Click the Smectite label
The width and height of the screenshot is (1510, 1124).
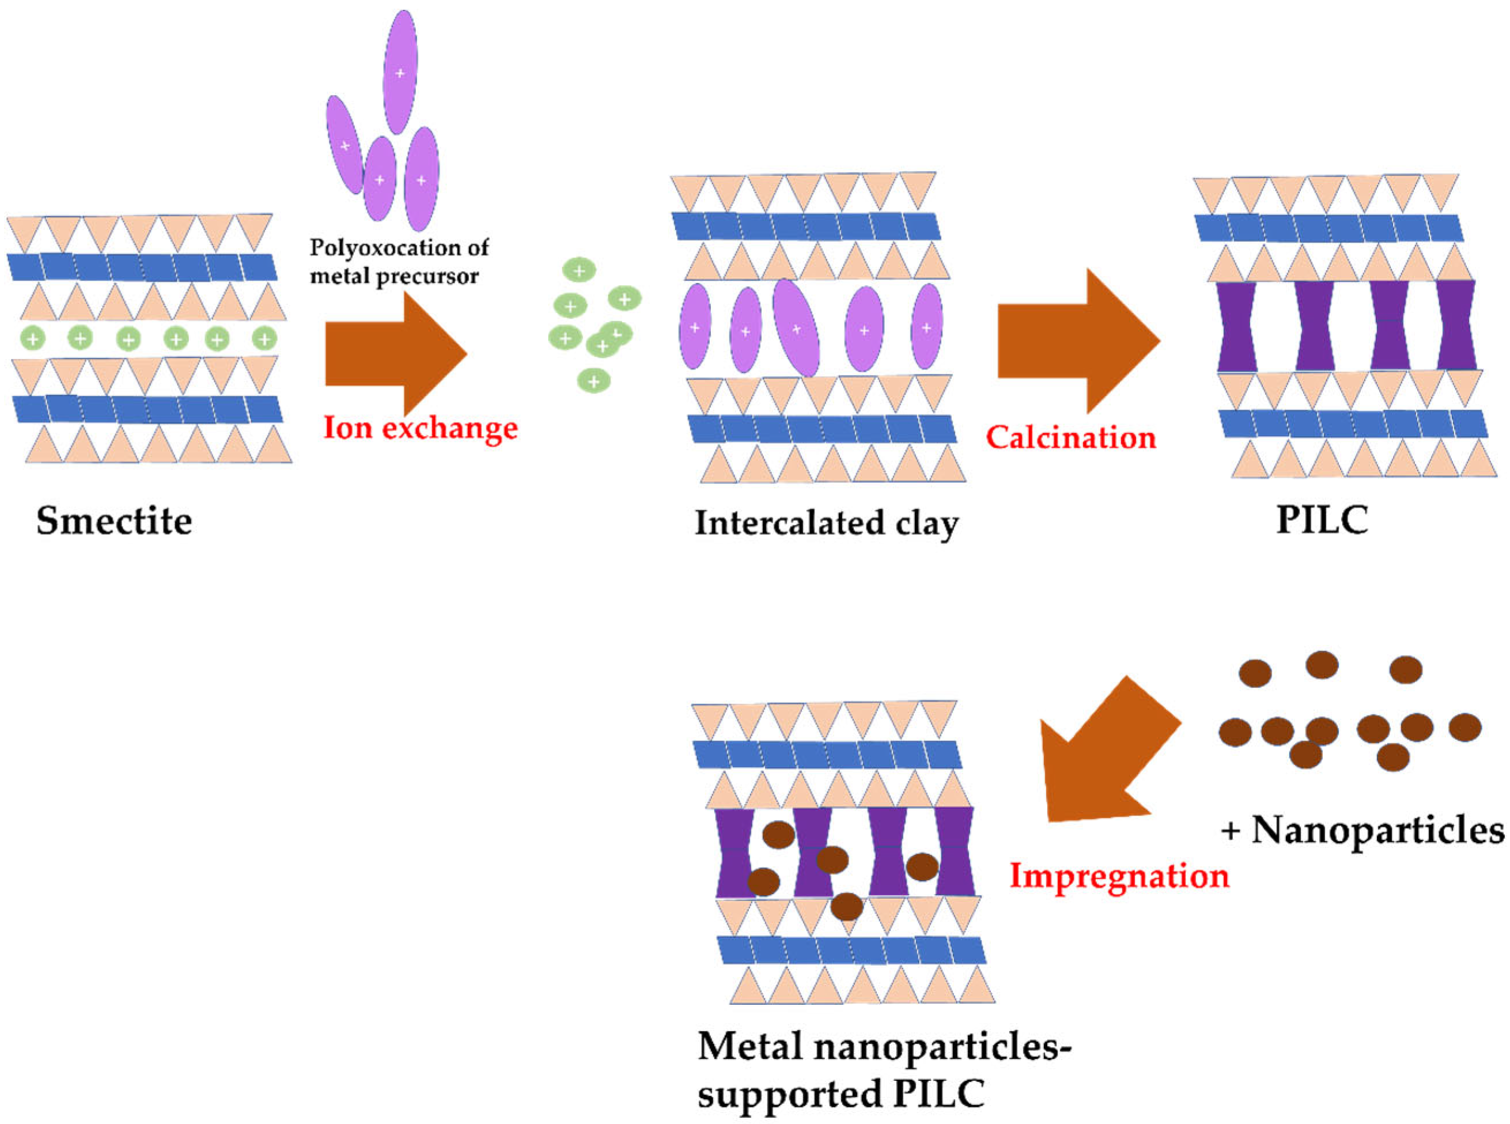pyautogui.click(x=114, y=522)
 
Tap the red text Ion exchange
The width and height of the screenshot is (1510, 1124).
pyautogui.click(x=420, y=429)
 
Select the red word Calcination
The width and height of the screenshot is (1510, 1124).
pyautogui.click(x=1070, y=437)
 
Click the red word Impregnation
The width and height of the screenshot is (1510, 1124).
pyautogui.click(x=1119, y=876)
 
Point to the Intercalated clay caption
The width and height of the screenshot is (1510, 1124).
pyautogui.click(x=826, y=524)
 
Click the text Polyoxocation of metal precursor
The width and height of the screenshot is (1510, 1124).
pyautogui.click(x=399, y=262)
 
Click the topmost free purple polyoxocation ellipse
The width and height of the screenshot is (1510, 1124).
pyautogui.click(x=400, y=71)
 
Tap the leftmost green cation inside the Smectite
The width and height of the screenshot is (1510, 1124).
pyautogui.click(x=33, y=338)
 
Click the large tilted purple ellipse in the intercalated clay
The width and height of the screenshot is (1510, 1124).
pyautogui.click(x=796, y=328)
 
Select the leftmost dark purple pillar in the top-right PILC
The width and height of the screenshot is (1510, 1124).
pyautogui.click(x=1236, y=327)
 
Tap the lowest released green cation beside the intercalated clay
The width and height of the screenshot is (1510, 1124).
pyautogui.click(x=593, y=381)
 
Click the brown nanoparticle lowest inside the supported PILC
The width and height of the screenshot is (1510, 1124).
pyautogui.click(x=846, y=906)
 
